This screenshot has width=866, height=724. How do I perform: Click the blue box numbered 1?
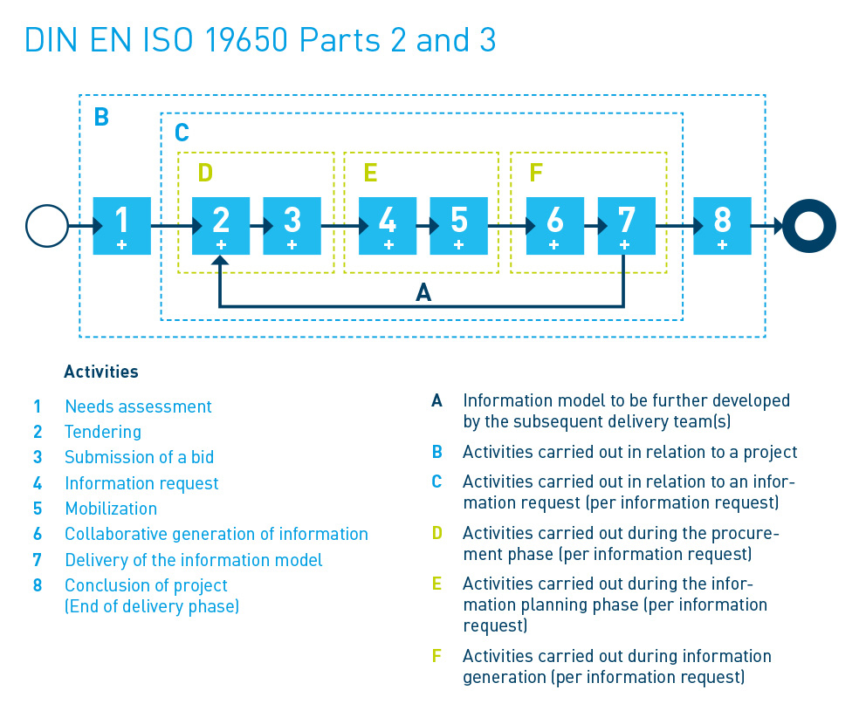tap(121, 226)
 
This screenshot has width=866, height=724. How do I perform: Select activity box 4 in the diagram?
tap(388, 226)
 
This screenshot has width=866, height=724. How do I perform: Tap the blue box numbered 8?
tap(723, 226)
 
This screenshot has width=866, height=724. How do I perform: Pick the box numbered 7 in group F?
tap(627, 226)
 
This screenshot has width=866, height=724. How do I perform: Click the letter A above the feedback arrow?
tap(423, 292)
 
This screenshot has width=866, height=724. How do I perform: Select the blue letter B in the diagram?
tap(101, 117)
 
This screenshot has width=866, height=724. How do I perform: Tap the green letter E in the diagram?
tap(371, 173)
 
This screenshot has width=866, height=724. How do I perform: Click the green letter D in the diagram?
tap(205, 173)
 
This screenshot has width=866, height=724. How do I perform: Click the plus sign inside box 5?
tap(458, 244)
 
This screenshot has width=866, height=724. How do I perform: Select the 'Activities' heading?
tap(101, 372)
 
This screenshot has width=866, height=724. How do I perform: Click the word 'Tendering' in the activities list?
tap(103, 432)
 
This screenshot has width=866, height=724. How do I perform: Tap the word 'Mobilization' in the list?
tap(111, 509)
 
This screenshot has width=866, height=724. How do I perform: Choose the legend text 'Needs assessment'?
tap(138, 406)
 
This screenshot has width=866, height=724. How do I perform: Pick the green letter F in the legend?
tap(436, 656)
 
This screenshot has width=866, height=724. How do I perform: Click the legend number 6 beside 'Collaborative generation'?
tap(38, 534)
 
